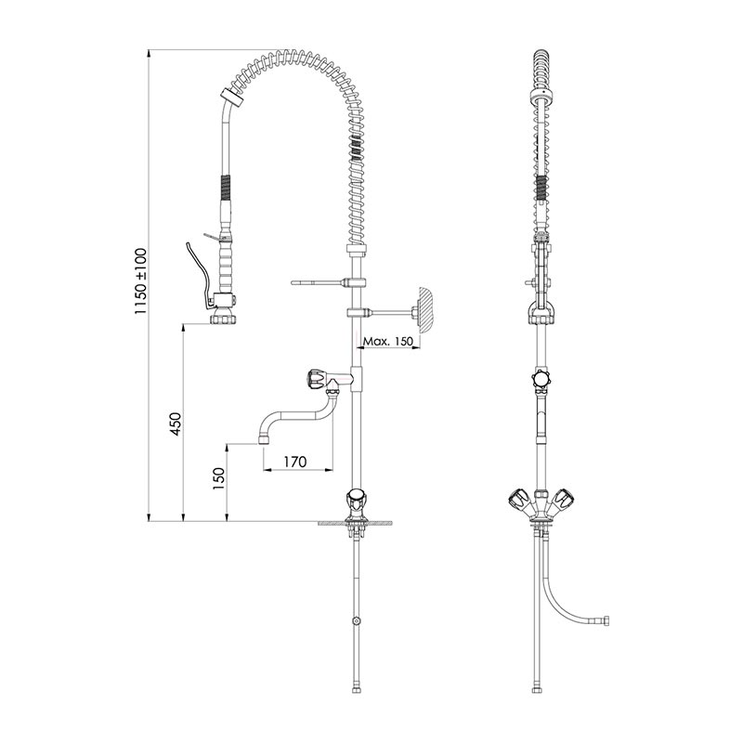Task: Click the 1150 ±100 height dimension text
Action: pyautogui.click(x=141, y=281)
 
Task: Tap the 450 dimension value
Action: pyautogui.click(x=176, y=424)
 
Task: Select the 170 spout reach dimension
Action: pyautogui.click(x=295, y=461)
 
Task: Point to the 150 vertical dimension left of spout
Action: pyautogui.click(x=218, y=478)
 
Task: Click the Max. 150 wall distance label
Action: pyautogui.click(x=388, y=341)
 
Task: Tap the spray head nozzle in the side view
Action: pyautogui.click(x=223, y=318)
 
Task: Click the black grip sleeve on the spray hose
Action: pyautogui.click(x=226, y=187)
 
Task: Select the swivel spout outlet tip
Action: pyautogui.click(x=264, y=439)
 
